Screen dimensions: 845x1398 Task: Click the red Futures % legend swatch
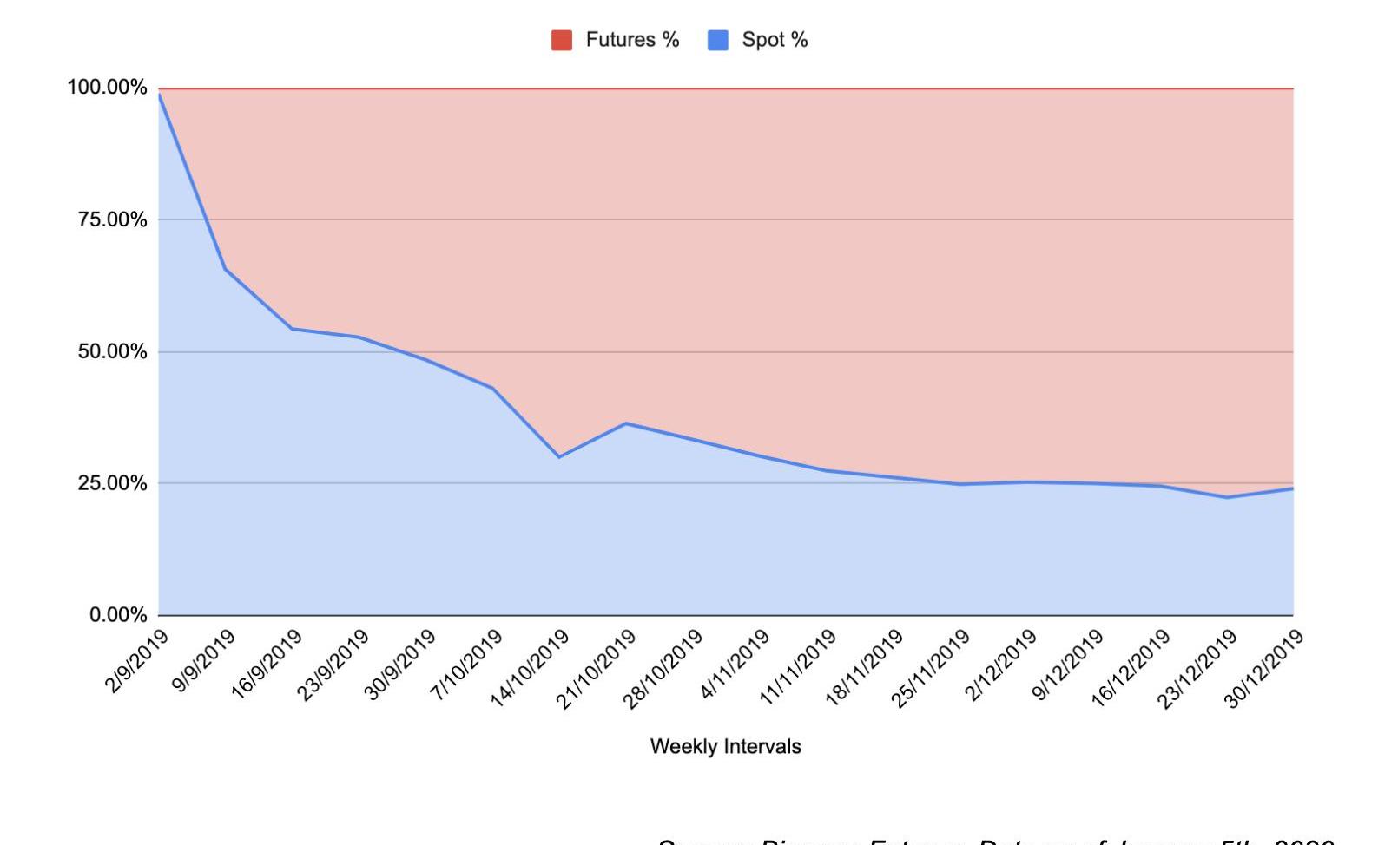coord(561,40)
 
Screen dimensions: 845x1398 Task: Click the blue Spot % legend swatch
coord(717,40)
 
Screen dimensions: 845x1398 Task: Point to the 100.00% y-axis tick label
coord(107,88)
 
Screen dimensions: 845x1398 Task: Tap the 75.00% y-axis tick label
coord(112,219)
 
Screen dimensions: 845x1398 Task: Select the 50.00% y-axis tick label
coord(112,351)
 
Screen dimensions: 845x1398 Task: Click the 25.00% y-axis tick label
coord(112,483)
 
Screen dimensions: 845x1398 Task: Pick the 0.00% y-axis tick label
coord(118,615)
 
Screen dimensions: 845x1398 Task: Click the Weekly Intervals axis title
coord(725,747)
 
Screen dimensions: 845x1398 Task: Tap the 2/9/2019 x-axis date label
coord(136,662)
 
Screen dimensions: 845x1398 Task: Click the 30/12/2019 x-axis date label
coord(1263,669)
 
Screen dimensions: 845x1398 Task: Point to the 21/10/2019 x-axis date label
coord(596,669)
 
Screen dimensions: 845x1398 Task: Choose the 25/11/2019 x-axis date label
coord(929,669)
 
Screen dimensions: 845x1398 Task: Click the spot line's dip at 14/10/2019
coord(559,457)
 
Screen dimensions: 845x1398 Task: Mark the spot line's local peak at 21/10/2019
coord(626,423)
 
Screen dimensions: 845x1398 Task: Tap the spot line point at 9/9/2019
coord(226,269)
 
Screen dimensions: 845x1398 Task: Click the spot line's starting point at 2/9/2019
coord(160,94)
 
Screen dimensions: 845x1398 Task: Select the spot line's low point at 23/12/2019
coord(1226,497)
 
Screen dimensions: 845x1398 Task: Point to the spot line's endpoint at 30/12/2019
coord(1293,488)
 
